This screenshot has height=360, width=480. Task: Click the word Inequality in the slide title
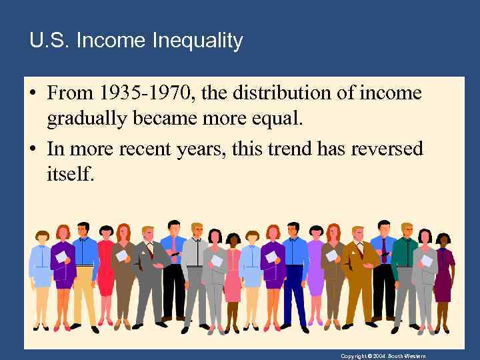coord(197,41)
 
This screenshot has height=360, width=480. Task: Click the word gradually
coord(87,119)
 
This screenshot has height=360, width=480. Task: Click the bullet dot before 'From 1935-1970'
coord(33,93)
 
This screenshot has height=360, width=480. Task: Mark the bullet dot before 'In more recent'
coord(33,149)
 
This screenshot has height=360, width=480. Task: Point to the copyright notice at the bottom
coord(383,356)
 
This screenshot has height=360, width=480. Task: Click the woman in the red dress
coord(106,273)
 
